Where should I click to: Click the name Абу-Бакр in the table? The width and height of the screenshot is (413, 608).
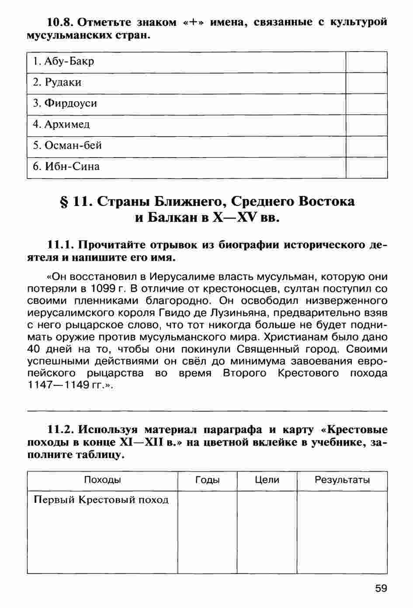(x=63, y=62)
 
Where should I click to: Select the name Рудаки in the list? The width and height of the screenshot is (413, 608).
(x=57, y=82)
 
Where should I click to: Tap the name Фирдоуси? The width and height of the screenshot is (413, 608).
(x=65, y=103)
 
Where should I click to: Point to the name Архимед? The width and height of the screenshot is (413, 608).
(x=61, y=124)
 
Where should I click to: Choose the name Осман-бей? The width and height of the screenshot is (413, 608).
(x=67, y=145)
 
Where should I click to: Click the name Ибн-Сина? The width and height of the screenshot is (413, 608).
(x=66, y=166)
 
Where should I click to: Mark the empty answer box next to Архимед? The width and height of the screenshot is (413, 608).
(x=366, y=125)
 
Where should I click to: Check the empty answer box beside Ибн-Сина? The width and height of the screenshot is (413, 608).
(x=366, y=167)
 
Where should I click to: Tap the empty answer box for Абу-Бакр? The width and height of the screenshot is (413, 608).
(x=366, y=62)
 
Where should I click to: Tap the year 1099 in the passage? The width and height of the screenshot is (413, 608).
(x=103, y=289)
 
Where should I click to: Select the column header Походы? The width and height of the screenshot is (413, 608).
(x=102, y=480)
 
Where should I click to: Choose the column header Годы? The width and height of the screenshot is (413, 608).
(x=207, y=480)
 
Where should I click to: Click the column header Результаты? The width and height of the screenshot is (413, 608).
(x=342, y=480)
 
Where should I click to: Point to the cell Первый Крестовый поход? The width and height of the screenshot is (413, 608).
(x=101, y=500)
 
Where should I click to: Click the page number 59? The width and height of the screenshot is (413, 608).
(x=381, y=589)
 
